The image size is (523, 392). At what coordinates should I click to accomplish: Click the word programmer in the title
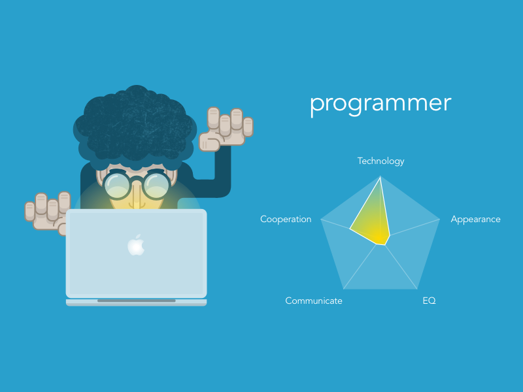pos(380,104)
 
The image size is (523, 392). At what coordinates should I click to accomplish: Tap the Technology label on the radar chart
pos(380,161)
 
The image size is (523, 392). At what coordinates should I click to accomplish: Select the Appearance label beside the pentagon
pos(475,220)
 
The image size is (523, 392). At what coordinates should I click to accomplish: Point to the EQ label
pos(429,301)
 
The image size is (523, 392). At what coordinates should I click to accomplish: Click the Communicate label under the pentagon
pos(314,301)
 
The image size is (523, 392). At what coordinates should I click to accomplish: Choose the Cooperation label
pos(286,220)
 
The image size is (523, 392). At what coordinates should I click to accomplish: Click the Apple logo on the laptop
pos(136,244)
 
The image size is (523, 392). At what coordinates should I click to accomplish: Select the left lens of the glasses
pos(118,185)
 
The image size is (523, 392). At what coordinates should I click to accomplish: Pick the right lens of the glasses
pos(157,185)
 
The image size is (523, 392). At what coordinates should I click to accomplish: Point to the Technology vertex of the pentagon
pos(380,175)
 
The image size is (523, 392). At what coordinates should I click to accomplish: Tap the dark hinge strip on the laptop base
pos(136,301)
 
